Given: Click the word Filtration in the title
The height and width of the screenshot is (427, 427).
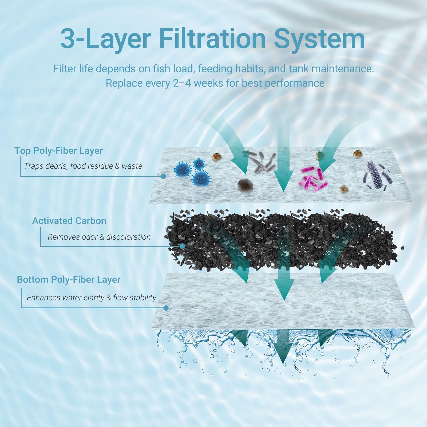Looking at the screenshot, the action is (x=212, y=39).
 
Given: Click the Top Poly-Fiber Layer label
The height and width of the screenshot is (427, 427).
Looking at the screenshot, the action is (x=58, y=151).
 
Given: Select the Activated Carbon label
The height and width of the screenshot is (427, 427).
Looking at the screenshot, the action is (x=69, y=221).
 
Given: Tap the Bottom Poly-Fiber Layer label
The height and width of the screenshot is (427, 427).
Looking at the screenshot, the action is (x=69, y=280).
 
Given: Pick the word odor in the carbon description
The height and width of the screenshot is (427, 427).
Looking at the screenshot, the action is (x=89, y=237).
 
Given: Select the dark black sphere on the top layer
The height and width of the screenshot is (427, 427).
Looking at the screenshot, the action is (x=244, y=185).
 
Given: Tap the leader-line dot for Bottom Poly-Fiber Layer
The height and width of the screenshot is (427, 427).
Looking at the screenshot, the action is (x=166, y=308).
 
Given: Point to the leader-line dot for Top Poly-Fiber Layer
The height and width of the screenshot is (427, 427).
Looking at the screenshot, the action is (x=164, y=176).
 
